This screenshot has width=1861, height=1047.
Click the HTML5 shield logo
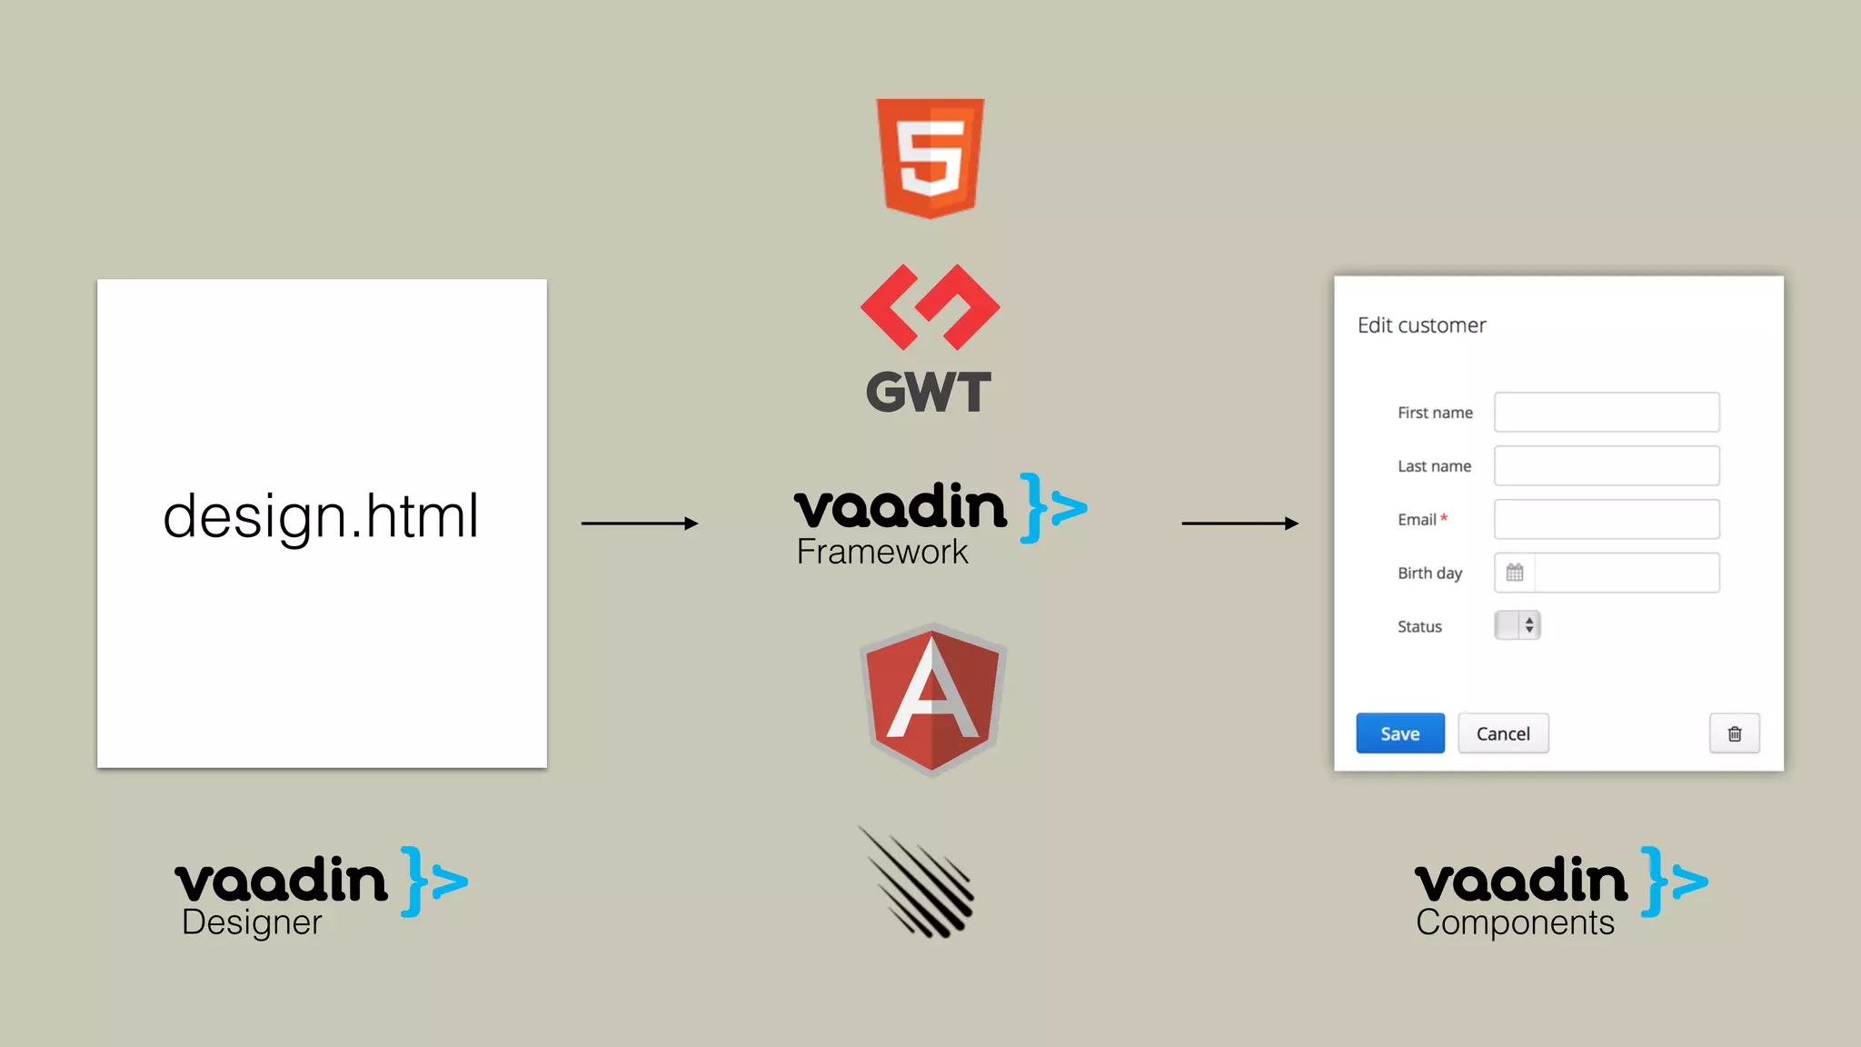pos(930,157)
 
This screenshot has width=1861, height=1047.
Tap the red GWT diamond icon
pos(930,307)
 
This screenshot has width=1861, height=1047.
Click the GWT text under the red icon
pos(928,393)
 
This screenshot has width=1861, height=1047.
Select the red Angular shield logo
pos(932,699)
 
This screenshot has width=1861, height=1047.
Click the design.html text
pos(321,516)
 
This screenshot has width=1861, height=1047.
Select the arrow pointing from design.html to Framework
pos(639,523)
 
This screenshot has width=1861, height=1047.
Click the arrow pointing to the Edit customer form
pos(1239,523)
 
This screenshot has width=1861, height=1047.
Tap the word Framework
pos(881,553)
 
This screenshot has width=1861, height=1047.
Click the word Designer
pos(252,922)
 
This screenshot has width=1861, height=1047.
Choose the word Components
pos(1515,922)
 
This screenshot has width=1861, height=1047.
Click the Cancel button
pos(1503,733)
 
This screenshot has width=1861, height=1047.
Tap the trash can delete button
pos(1734,733)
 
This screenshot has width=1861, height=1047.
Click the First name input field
pos(1607,413)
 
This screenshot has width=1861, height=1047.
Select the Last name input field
pos(1607,466)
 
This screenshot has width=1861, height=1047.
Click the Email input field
pos(1607,520)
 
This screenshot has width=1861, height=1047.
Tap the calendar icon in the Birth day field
pos(1515,573)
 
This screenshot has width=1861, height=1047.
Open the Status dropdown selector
pos(1518,625)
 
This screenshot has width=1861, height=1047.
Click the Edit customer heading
pos(1421,325)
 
